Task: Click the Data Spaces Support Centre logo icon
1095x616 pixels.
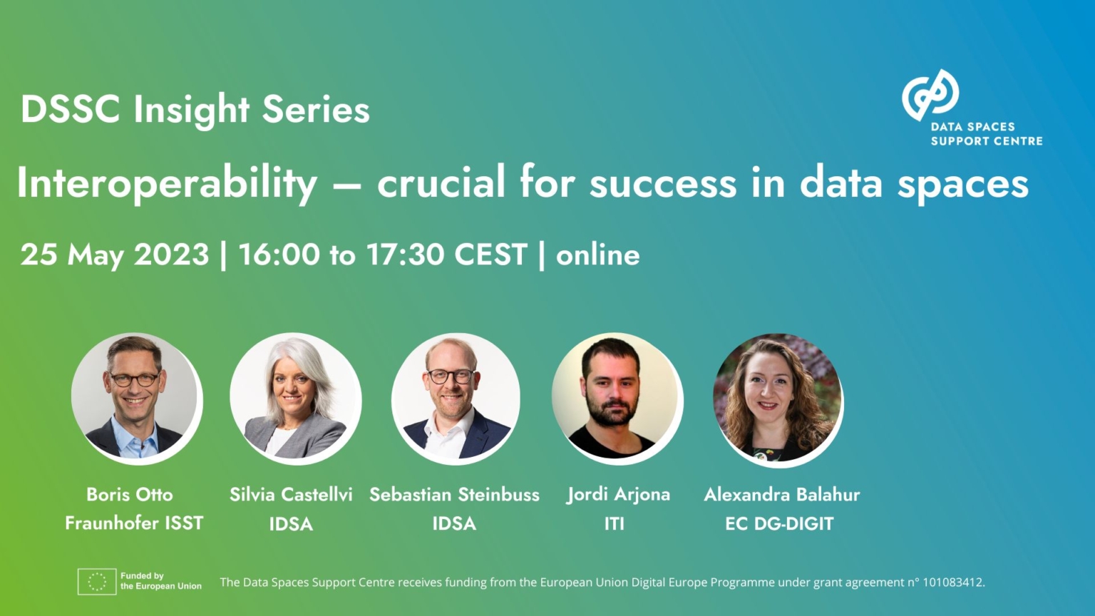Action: pos(930,95)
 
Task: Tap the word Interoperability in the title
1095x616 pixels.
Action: pos(167,183)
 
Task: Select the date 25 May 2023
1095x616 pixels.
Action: pos(114,255)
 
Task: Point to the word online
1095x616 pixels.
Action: pos(597,255)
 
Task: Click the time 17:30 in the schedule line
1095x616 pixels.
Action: pos(406,255)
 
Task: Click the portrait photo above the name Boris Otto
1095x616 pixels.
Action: pos(135,397)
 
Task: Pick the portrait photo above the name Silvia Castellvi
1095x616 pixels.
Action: pos(295,397)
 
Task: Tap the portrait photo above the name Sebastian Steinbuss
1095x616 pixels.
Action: pos(455,397)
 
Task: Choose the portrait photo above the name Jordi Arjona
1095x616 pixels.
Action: pos(616,397)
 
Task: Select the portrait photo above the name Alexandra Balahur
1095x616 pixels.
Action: pos(777,397)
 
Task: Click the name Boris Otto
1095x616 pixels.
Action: pos(130,494)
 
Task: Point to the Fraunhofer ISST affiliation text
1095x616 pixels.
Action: pos(134,523)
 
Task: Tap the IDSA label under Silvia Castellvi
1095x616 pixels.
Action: pos(291,524)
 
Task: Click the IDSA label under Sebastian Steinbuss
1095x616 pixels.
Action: pos(454,523)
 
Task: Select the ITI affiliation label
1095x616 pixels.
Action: pos(615,524)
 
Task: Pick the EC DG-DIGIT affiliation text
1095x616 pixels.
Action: pos(779,524)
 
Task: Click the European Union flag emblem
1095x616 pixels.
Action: pos(97,582)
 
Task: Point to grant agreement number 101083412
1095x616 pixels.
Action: pos(953,582)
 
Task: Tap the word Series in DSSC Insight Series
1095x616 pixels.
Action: pos(316,110)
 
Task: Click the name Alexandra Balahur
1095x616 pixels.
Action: pos(782,494)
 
